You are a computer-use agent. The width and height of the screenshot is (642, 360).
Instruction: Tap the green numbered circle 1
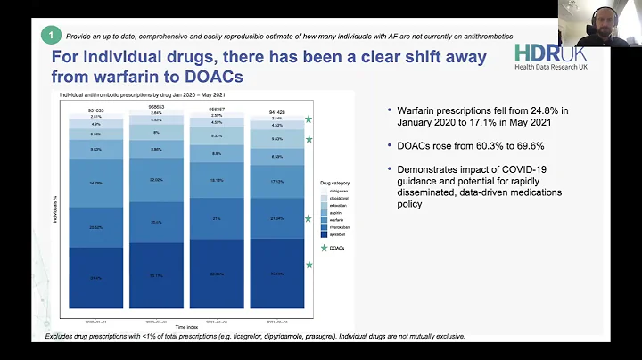point(52,35)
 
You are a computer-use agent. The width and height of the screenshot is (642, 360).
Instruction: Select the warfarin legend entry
point(331,218)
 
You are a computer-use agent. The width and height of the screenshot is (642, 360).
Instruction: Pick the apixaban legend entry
point(331,234)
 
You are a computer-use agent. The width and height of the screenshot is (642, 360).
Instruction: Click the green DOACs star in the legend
point(325,248)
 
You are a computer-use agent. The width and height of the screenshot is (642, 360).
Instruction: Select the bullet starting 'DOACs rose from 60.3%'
point(465,144)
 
